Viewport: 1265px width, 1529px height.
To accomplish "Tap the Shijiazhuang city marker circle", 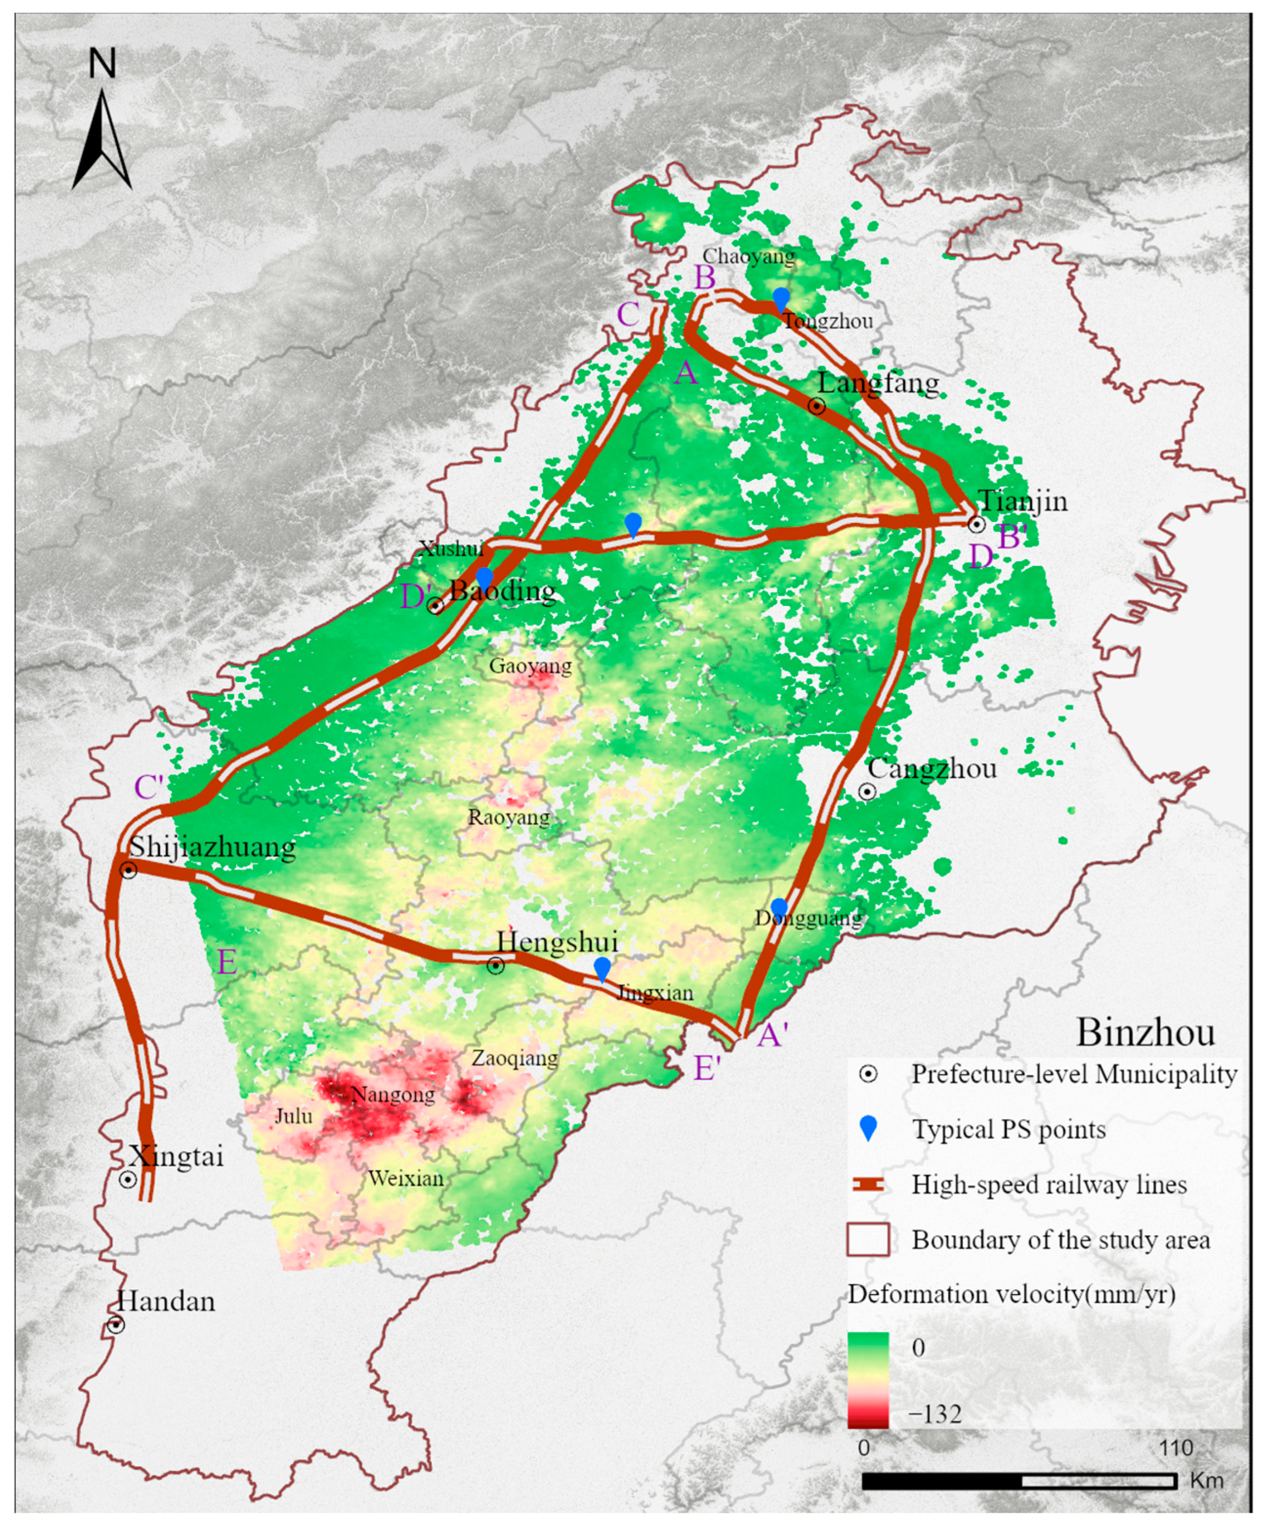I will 128,870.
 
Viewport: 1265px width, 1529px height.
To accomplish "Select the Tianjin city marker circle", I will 976,524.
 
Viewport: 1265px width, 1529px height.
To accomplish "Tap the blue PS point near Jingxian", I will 602,969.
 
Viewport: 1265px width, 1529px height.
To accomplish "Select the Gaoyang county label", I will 530,666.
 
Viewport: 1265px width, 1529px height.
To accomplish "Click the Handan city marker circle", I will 116,1325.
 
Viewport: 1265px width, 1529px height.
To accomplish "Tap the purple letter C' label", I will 149,787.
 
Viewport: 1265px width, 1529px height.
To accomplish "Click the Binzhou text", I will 1145,1033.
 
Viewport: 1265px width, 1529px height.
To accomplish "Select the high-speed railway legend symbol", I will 867,1186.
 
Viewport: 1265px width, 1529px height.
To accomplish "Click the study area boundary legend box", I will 867,1239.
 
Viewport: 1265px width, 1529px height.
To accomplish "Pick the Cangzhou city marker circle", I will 866,792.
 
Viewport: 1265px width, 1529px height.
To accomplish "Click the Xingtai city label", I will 176,1156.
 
